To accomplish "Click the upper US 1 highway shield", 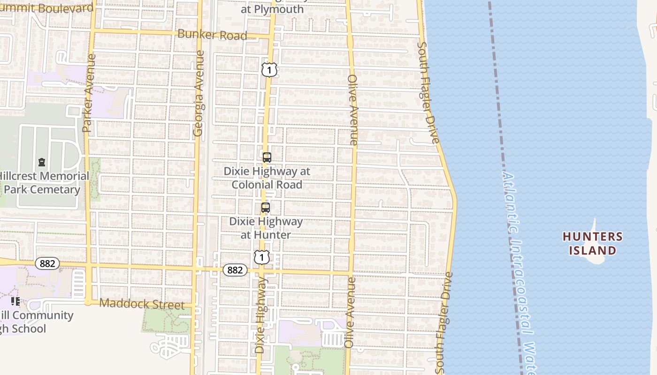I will [269, 70].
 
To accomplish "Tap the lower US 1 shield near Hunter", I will [262, 257].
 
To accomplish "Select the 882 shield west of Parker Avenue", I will [47, 263].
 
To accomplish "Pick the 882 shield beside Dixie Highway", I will [235, 270].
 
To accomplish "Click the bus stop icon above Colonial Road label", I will [267, 157].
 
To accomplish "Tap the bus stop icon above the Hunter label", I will [266, 208].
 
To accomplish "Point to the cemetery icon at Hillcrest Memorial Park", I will [42, 163].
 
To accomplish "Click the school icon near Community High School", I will [15, 301].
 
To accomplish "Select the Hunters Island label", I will [592, 243].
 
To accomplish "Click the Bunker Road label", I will [212, 35].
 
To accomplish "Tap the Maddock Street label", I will [142, 304].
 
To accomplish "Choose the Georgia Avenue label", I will [199, 94].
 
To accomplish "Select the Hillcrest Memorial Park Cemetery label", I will [42, 183].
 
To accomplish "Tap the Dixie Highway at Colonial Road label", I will [267, 178].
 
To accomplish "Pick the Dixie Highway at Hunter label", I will [266, 228].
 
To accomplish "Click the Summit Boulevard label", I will [47, 8].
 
